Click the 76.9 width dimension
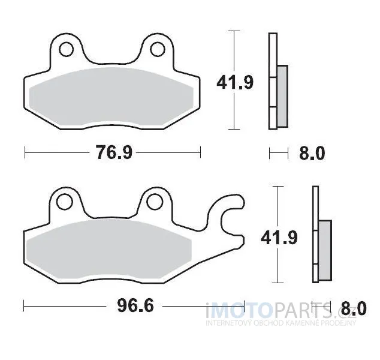(114, 152)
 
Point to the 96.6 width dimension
(135, 305)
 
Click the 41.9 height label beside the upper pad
(234, 82)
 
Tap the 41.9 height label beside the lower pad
(279, 238)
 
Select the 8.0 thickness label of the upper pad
(312, 154)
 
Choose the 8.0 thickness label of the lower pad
(354, 308)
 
